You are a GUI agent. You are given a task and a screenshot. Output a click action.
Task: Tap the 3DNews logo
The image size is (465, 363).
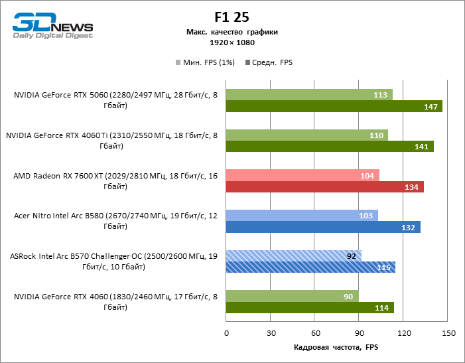click(53, 27)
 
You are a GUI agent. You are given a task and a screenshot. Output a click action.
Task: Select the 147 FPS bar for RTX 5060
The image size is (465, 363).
click(334, 107)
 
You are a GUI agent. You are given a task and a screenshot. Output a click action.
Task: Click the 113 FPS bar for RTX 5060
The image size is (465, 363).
click(309, 95)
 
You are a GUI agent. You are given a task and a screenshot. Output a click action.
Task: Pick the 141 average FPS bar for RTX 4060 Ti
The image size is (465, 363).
click(330, 147)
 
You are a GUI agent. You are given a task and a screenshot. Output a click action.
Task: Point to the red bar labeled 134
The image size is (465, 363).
click(324, 187)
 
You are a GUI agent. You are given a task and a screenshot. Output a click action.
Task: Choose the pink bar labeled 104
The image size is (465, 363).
click(302, 175)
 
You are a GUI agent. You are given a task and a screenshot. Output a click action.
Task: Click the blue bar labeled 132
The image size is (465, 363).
click(323, 228)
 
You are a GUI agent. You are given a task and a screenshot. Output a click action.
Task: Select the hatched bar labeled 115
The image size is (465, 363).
click(310, 267)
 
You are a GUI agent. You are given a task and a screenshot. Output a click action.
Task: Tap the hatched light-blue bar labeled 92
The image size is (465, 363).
click(293, 255)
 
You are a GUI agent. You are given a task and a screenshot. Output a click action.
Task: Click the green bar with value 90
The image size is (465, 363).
click(292, 296)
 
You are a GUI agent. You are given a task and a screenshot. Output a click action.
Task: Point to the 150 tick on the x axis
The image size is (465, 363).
click(449, 332)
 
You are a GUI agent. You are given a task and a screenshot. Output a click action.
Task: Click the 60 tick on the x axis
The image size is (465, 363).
click(316, 332)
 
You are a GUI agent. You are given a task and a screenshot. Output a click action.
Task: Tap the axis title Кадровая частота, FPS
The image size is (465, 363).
click(335, 347)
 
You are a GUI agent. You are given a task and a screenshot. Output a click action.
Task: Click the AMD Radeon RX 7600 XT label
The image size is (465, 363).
click(115, 181)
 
